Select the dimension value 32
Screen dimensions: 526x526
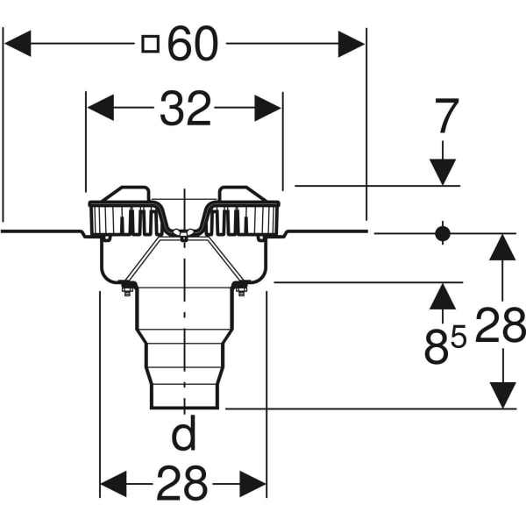(x=185, y=109)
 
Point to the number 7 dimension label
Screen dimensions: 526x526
(x=446, y=117)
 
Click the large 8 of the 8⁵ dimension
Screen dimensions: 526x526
(x=436, y=347)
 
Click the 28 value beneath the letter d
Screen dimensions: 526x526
(x=183, y=482)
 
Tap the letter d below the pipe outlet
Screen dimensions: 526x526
(x=183, y=434)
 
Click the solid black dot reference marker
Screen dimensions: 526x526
(x=443, y=233)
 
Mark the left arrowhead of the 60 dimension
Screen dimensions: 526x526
(x=18, y=44)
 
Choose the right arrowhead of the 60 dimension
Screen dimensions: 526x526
(x=352, y=44)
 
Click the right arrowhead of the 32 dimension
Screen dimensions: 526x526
(x=267, y=109)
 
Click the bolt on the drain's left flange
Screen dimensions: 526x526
(x=125, y=289)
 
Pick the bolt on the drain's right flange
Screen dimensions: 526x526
(x=242, y=289)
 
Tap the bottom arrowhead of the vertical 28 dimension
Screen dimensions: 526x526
(x=502, y=394)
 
